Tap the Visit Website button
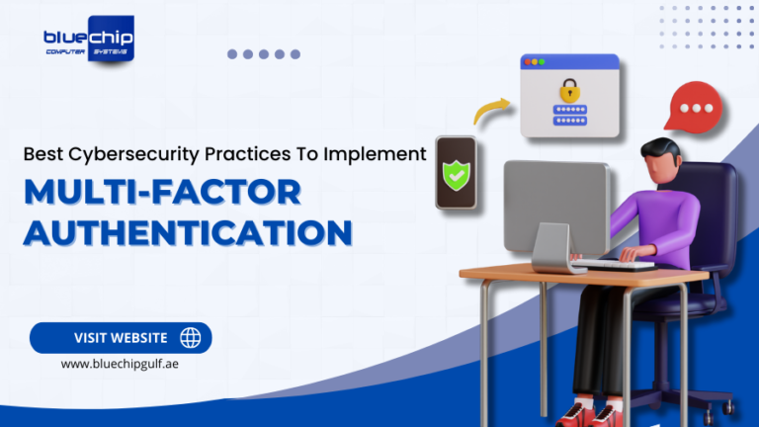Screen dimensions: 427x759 (121, 338)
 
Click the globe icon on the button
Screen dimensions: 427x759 (190, 338)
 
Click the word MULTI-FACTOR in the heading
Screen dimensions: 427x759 (162, 191)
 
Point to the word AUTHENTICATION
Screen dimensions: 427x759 (188, 232)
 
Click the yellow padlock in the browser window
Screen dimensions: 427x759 (567, 90)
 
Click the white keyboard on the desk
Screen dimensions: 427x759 (613, 264)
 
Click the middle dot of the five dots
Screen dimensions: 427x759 (263, 54)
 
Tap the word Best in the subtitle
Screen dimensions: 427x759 (42, 154)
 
